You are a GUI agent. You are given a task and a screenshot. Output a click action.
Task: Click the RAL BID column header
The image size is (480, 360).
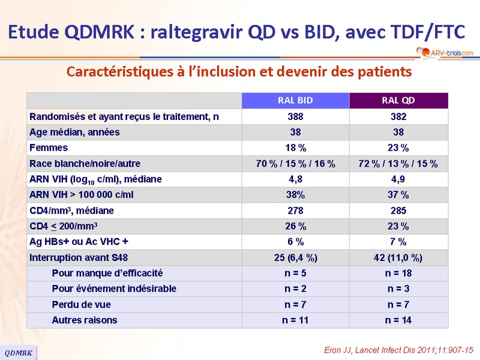(x=295, y=100)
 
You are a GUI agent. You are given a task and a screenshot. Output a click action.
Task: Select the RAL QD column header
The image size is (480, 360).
(x=398, y=100)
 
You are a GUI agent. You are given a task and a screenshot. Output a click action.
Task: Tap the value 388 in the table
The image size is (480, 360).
(x=295, y=116)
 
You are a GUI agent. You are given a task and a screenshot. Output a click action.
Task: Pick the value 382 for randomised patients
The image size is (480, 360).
(x=398, y=116)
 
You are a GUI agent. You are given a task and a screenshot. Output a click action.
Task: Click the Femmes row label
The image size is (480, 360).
(x=49, y=148)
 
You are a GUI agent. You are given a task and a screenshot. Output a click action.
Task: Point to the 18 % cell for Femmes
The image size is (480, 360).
(x=295, y=148)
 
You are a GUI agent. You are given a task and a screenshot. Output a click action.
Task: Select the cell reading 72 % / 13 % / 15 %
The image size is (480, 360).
(x=398, y=163)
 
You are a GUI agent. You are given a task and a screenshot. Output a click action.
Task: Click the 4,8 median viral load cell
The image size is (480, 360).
(x=295, y=179)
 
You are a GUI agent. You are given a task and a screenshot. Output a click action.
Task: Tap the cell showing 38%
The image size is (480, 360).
(x=295, y=194)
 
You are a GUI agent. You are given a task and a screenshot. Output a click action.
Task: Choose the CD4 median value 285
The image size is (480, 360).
(x=398, y=211)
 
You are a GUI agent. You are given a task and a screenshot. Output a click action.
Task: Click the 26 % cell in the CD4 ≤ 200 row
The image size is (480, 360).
(x=295, y=226)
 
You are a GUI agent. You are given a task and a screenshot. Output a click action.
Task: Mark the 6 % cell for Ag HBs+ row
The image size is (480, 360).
(x=295, y=242)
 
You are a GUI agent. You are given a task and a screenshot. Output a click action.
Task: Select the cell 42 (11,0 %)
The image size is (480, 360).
(x=398, y=257)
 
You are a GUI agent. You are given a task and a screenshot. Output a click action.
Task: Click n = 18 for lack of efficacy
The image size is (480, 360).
(x=398, y=273)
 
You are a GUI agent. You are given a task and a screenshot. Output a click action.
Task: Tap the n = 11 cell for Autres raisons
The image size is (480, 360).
(x=295, y=320)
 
